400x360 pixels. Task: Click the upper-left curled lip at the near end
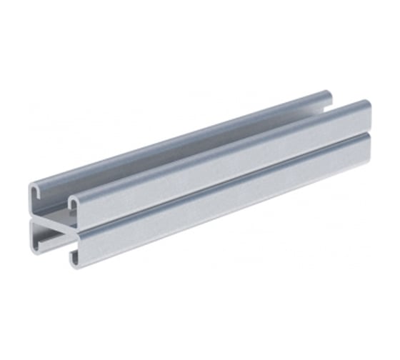[36, 191]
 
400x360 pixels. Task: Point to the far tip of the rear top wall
[328, 94]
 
